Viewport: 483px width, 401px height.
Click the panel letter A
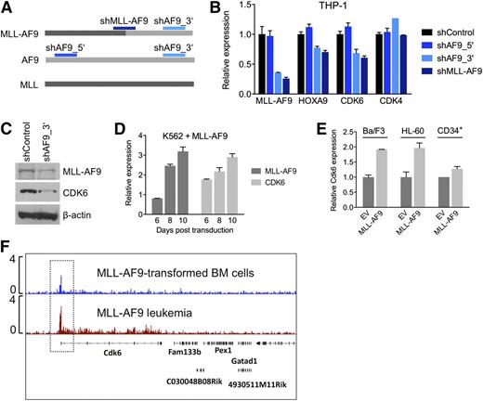[x=7, y=8]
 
